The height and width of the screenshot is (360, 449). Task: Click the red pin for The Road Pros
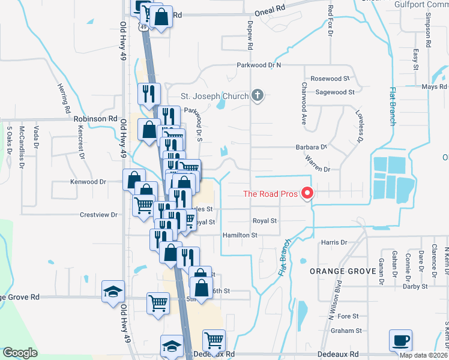(307, 193)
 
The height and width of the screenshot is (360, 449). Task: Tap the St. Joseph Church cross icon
(258, 95)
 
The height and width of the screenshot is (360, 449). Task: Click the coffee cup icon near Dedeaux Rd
(400, 340)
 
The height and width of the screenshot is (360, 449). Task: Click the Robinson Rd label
(95, 119)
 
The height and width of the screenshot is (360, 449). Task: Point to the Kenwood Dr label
(88, 181)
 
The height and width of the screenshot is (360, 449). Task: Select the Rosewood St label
(330, 79)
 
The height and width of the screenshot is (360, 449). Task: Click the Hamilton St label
(240, 236)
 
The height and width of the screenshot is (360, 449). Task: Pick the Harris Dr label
(334, 242)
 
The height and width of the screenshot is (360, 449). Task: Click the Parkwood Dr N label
(259, 65)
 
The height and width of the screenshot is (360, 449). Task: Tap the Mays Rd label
(434, 87)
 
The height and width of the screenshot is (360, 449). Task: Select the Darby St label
(415, 287)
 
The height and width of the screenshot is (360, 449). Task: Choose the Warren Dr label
(318, 170)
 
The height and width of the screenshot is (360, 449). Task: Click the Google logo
(20, 353)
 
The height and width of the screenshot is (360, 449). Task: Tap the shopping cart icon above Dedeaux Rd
(214, 340)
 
